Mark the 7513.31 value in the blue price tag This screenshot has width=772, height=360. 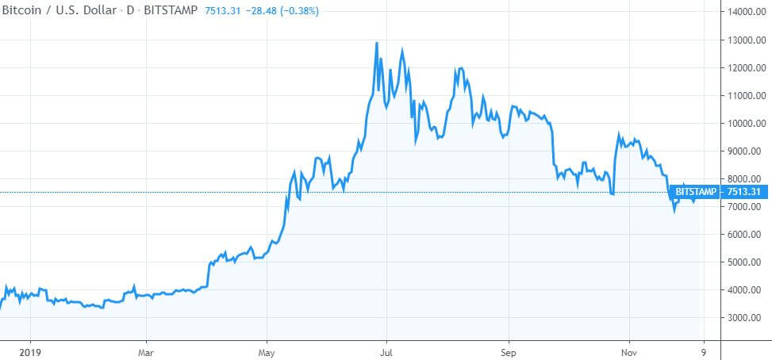pos(744,192)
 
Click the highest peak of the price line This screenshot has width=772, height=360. pos(376,43)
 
